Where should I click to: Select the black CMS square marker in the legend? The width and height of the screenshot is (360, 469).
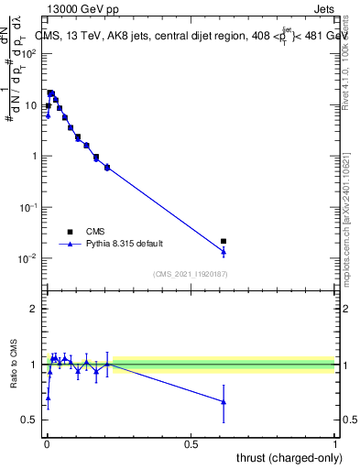tap(70, 232)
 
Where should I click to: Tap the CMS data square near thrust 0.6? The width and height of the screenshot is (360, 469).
tap(224, 241)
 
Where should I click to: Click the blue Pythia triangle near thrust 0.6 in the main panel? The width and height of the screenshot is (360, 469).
tap(224, 252)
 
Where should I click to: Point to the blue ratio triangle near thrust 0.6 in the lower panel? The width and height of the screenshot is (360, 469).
tap(224, 402)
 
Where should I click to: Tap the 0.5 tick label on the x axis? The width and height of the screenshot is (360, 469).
tap(191, 442)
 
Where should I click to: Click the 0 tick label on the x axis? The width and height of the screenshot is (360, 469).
tap(47, 442)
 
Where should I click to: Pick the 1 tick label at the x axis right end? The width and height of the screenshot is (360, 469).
tap(334, 442)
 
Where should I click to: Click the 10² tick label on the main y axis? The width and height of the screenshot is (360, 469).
tap(27, 54)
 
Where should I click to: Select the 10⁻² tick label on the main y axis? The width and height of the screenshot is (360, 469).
tap(27, 258)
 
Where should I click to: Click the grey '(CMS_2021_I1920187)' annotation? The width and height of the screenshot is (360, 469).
tap(190, 274)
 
